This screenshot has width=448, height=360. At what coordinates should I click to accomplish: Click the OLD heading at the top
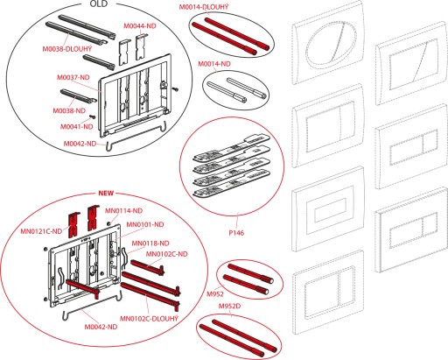99,4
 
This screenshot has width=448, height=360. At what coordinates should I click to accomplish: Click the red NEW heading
106,194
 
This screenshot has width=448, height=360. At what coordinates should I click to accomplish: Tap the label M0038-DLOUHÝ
67,49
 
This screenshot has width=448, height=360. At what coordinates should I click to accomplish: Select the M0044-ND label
140,26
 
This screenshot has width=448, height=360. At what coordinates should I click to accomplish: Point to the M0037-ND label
73,77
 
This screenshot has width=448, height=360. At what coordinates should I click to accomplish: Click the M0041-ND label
77,127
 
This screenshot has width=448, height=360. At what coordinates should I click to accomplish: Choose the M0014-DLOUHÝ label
204,7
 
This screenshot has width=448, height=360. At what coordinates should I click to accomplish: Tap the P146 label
236,233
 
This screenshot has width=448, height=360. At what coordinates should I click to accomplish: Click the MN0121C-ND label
41,231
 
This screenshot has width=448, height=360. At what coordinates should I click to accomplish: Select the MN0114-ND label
123,211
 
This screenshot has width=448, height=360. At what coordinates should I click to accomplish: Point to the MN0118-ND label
150,244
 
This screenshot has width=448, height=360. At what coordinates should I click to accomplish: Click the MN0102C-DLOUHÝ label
149,318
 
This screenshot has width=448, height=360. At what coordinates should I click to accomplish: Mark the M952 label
215,294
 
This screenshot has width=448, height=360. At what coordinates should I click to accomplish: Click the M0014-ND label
214,64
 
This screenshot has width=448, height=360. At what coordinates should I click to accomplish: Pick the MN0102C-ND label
166,254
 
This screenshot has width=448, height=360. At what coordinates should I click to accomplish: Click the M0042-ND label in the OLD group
80,144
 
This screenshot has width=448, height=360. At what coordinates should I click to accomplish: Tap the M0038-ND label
69,111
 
